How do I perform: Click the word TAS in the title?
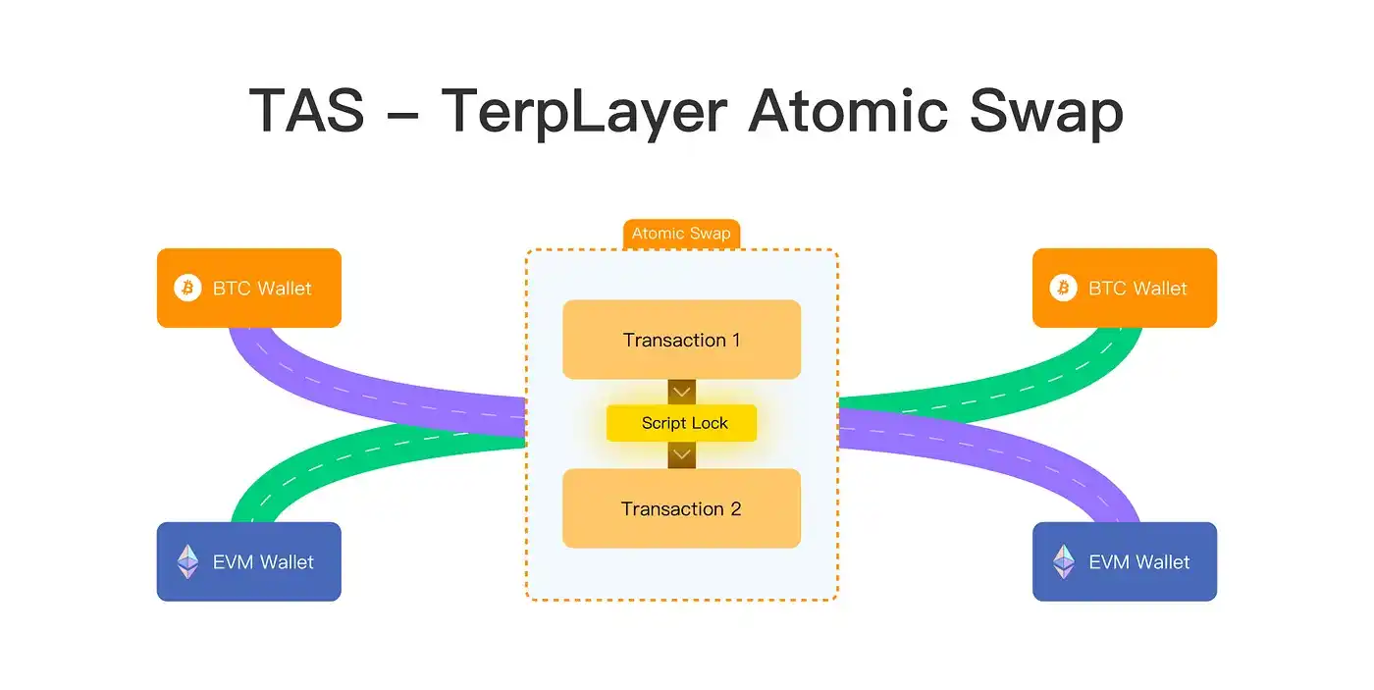306,110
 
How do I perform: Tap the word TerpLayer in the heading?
584,110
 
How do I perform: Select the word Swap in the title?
1046,110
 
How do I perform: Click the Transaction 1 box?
681,340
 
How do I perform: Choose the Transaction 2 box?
681,508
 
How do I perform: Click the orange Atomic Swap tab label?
681,234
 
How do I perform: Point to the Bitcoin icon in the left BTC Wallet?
187,288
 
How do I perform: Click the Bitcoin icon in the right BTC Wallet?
1063,288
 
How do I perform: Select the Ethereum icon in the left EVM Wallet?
187,561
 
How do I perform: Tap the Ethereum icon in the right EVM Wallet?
1063,561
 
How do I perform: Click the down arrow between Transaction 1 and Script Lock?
681,392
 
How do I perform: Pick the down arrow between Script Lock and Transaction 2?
681,454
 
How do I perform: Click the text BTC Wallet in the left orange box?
262,288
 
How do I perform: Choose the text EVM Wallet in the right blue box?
1138,561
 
